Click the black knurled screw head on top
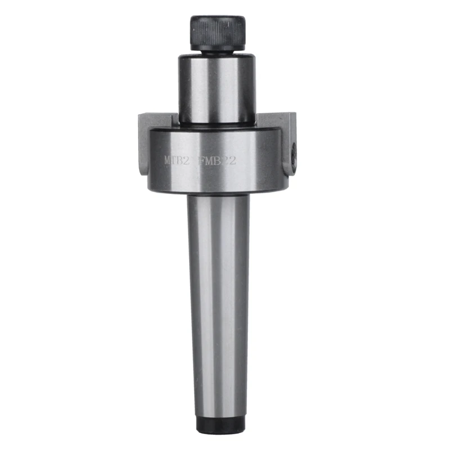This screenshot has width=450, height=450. [217, 33]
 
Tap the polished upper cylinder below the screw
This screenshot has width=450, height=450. [217, 87]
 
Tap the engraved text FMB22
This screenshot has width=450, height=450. [216, 160]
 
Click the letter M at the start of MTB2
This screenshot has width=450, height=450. [168, 160]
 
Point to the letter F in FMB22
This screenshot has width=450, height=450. [200, 160]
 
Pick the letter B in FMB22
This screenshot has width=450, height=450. [217, 160]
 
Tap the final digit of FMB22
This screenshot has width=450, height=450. [232, 160]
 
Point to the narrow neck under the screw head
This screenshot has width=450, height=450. [217, 52]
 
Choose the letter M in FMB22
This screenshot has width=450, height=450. [208, 160]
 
